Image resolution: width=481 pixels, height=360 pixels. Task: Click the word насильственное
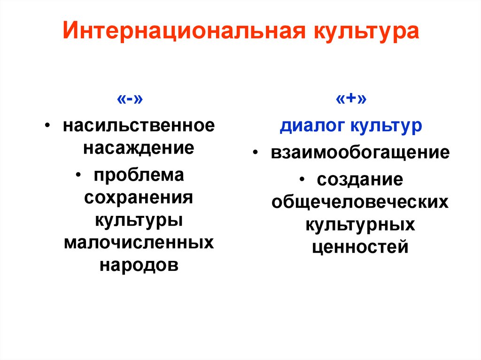coord(140,126)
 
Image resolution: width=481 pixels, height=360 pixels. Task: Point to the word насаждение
coord(139,148)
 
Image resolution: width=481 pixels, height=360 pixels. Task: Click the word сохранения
coord(139,197)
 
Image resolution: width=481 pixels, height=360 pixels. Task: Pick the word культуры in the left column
coord(139,220)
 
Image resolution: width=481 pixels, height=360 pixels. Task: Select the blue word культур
coord(386,127)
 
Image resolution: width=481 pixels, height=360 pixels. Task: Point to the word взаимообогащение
coord(360,153)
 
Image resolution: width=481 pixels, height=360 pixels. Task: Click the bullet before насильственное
coord(49,127)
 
